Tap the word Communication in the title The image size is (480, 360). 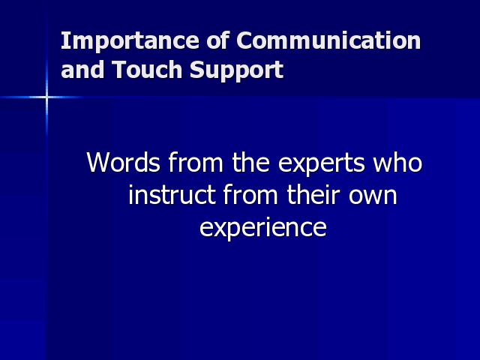pyautogui.click(x=328, y=40)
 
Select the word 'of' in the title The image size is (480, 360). pyautogui.click(x=217, y=40)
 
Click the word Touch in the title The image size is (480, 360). pyautogui.click(x=147, y=69)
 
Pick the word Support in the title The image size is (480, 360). pyautogui.click(x=237, y=70)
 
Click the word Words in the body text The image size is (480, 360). pyautogui.click(x=123, y=162)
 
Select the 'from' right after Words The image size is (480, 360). pyautogui.click(x=196, y=162)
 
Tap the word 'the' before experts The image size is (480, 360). pyautogui.click(x=250, y=162)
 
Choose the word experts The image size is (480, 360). pyautogui.click(x=322, y=163)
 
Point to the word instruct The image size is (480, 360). pyautogui.click(x=172, y=195)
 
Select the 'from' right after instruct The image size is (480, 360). pyautogui.click(x=250, y=194)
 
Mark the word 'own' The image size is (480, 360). pyautogui.click(x=373, y=197)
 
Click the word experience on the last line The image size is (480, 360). pyautogui.click(x=263, y=228)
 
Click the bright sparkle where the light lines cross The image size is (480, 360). pyautogui.click(x=46, y=97)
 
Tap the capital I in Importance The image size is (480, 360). pyautogui.click(x=64, y=40)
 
